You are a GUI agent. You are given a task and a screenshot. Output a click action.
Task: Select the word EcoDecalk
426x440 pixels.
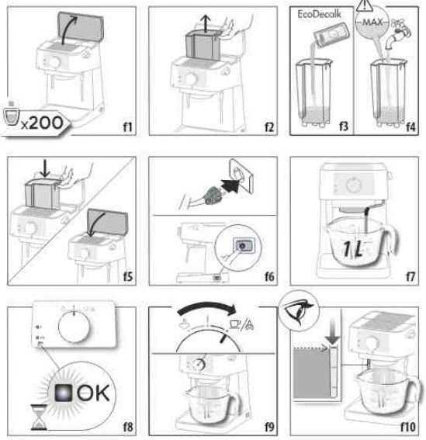[x=319, y=13]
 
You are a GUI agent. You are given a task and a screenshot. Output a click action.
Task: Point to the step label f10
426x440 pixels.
[x=407, y=425]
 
